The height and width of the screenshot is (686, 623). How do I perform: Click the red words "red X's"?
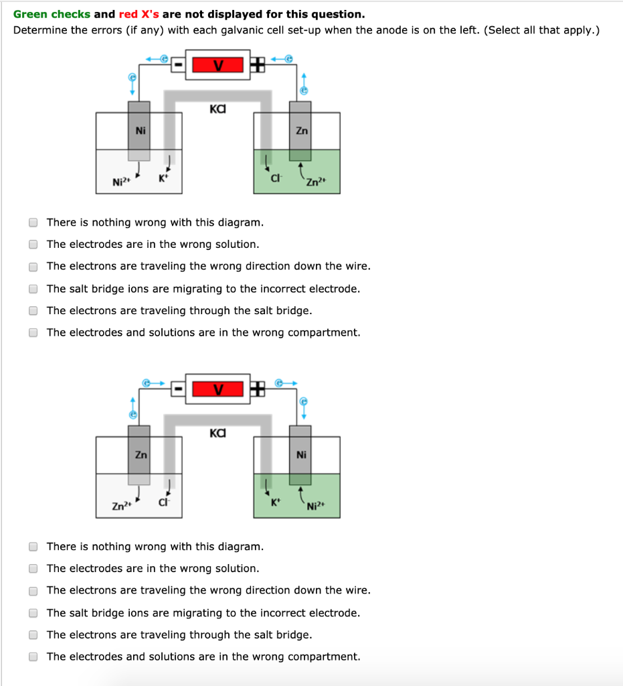coord(139,14)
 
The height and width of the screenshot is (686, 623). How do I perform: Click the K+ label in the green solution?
coord(273,502)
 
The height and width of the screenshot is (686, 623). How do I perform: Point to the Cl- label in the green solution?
coord(274,179)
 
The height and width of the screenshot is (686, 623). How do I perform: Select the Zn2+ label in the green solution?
coord(315,181)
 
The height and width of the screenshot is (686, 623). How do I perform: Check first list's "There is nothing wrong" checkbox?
coord(33,222)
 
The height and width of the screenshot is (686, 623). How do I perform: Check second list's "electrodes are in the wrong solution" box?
coord(33,569)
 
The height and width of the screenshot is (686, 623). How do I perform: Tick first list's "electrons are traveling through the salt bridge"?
coord(33,311)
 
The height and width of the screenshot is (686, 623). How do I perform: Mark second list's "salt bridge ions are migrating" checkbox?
coord(33,613)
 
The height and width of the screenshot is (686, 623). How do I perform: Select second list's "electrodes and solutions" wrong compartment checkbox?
coord(33,657)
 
